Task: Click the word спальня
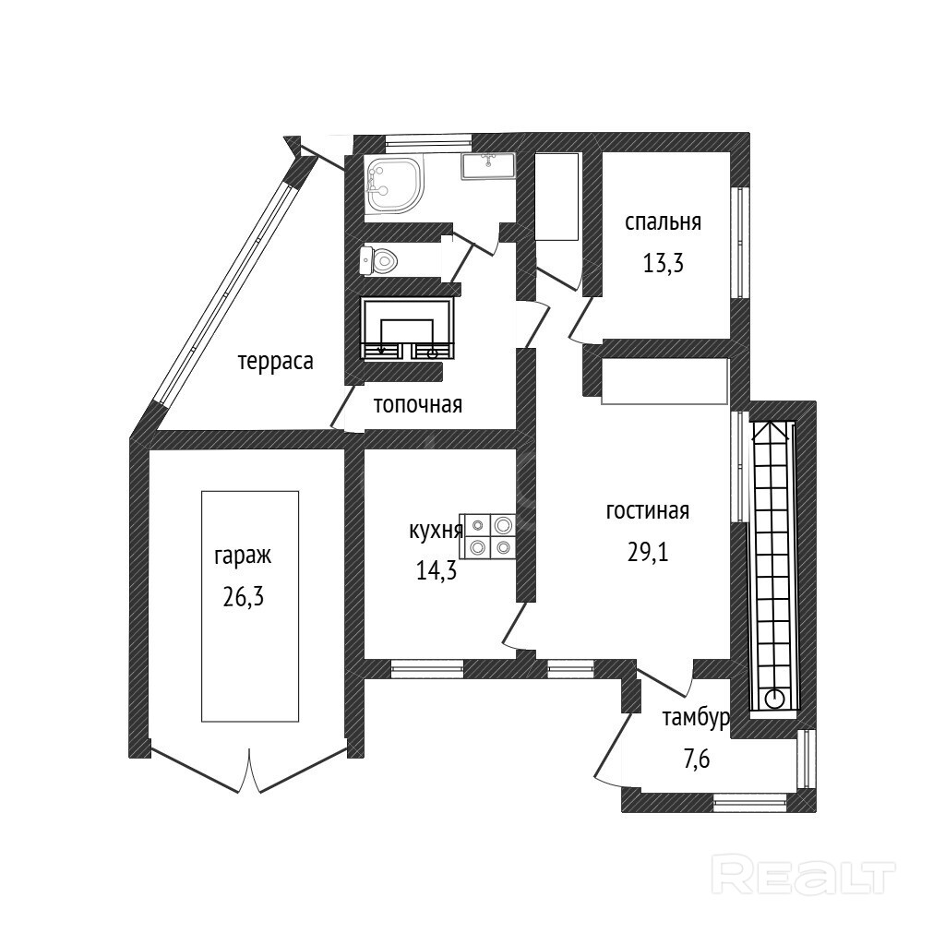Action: tap(663, 223)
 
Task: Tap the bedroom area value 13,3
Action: tap(663, 263)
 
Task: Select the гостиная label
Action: tap(647, 511)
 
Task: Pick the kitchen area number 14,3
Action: tap(437, 570)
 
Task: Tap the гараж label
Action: tap(243, 556)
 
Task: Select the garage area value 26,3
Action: tap(244, 596)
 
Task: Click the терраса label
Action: tap(275, 362)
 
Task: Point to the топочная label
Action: tap(417, 404)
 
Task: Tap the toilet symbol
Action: tap(379, 260)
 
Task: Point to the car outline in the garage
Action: tap(250, 606)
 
